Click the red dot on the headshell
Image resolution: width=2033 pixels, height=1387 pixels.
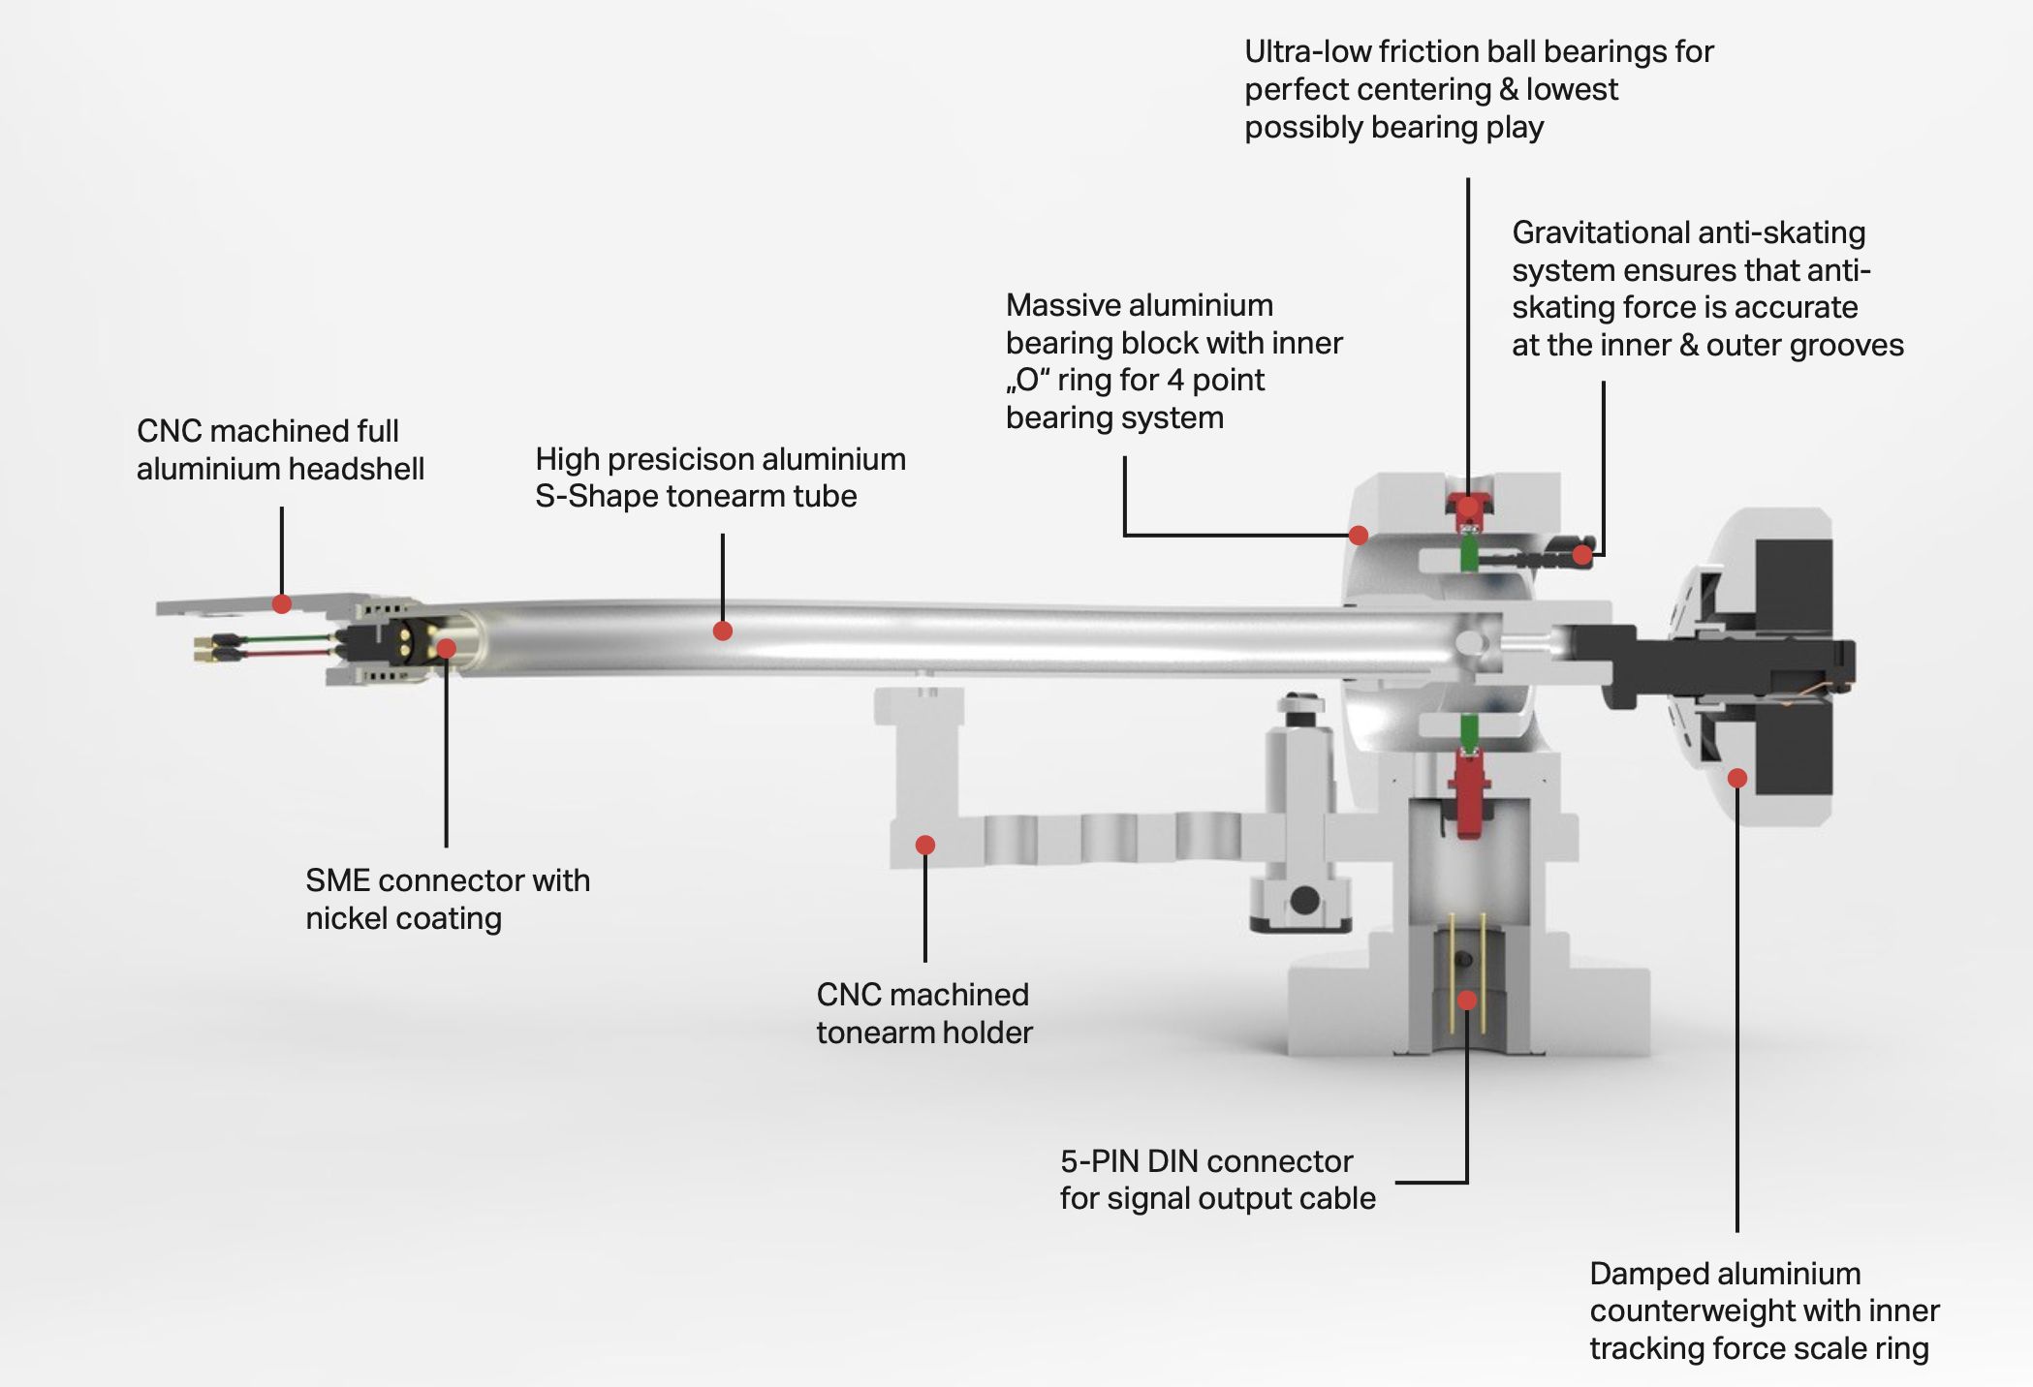pyautogui.click(x=282, y=604)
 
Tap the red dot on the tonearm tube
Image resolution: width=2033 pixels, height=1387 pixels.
pyautogui.click(x=722, y=632)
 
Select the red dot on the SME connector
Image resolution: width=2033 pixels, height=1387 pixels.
pyautogui.click(x=447, y=648)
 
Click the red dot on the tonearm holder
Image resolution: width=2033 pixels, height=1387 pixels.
pyautogui.click(x=925, y=846)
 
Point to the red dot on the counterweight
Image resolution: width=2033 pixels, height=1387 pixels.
pyautogui.click(x=1737, y=778)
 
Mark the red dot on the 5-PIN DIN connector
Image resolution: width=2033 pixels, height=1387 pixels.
pyautogui.click(x=1468, y=1001)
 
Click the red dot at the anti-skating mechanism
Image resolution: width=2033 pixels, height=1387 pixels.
pyautogui.click(x=1582, y=555)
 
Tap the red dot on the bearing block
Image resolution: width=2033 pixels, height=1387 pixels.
pyautogui.click(x=1359, y=536)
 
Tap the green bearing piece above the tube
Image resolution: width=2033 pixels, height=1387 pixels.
pyautogui.click(x=1469, y=554)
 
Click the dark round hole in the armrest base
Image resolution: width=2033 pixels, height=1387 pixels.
pyautogui.click(x=1305, y=900)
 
